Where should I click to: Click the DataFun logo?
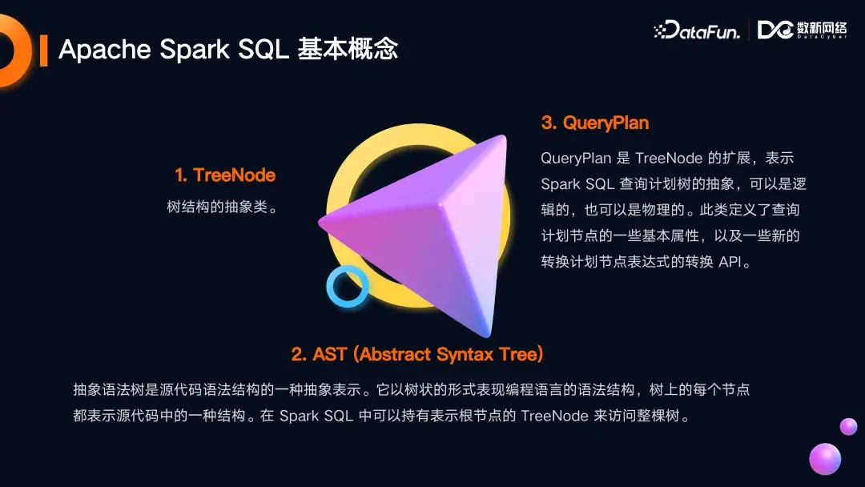pyautogui.click(x=696, y=30)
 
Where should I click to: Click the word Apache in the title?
pyautogui.click(x=105, y=50)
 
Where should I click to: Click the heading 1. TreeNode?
pyautogui.click(x=225, y=175)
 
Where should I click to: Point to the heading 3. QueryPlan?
pyautogui.click(x=595, y=123)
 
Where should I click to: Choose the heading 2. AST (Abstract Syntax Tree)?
pyautogui.click(x=417, y=354)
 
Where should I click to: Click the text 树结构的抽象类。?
pyautogui.click(x=222, y=207)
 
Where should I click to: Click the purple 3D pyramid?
pyautogui.click(x=432, y=224)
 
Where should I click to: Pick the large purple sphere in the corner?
pyautogui.click(x=824, y=460)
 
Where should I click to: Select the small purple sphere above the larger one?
pyautogui.click(x=848, y=426)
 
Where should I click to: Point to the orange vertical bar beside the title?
pyautogui.click(x=43, y=50)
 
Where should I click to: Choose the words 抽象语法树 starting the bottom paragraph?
pyautogui.click(x=105, y=390)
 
